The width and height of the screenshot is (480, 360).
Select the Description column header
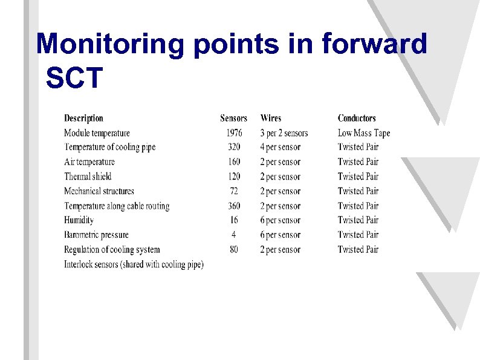point(83,119)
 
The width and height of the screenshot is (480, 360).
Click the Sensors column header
point(233,119)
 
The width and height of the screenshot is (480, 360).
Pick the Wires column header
point(270,119)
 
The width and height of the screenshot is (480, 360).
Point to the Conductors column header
point(357,119)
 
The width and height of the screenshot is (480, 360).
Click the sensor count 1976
point(233,133)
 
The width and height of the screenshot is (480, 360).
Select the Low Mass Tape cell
point(364,133)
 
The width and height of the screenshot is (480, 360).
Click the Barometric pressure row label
point(96,235)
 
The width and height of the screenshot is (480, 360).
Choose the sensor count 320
point(233,148)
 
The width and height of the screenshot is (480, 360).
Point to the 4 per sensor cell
point(280,148)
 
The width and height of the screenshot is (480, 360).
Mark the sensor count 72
point(233,191)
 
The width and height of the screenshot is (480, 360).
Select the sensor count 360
point(233,206)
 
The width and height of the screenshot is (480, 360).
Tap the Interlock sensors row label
point(134,264)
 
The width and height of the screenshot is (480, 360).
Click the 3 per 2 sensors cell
point(284,133)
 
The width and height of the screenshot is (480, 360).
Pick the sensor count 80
point(233,249)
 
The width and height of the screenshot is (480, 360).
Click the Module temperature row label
point(97,133)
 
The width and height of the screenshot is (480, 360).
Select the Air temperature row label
point(89,162)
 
